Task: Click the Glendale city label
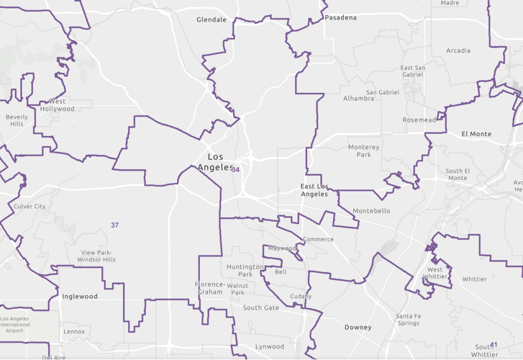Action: point(212,20)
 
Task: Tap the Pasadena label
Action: point(340,17)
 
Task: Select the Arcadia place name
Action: point(458,50)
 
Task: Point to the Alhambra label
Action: point(358,98)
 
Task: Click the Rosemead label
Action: point(419,120)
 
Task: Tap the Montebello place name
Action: point(371,211)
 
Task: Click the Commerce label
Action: point(318,239)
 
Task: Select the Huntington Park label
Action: point(245,271)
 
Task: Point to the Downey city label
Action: point(358,328)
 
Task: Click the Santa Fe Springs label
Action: point(407,320)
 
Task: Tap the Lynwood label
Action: point(270,346)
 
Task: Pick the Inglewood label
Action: point(80,297)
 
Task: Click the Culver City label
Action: point(29,207)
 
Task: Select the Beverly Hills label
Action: point(17,120)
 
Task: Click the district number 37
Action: point(114,225)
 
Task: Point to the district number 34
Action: point(235,170)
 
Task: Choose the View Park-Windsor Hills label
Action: point(99,256)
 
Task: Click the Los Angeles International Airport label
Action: point(25,324)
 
